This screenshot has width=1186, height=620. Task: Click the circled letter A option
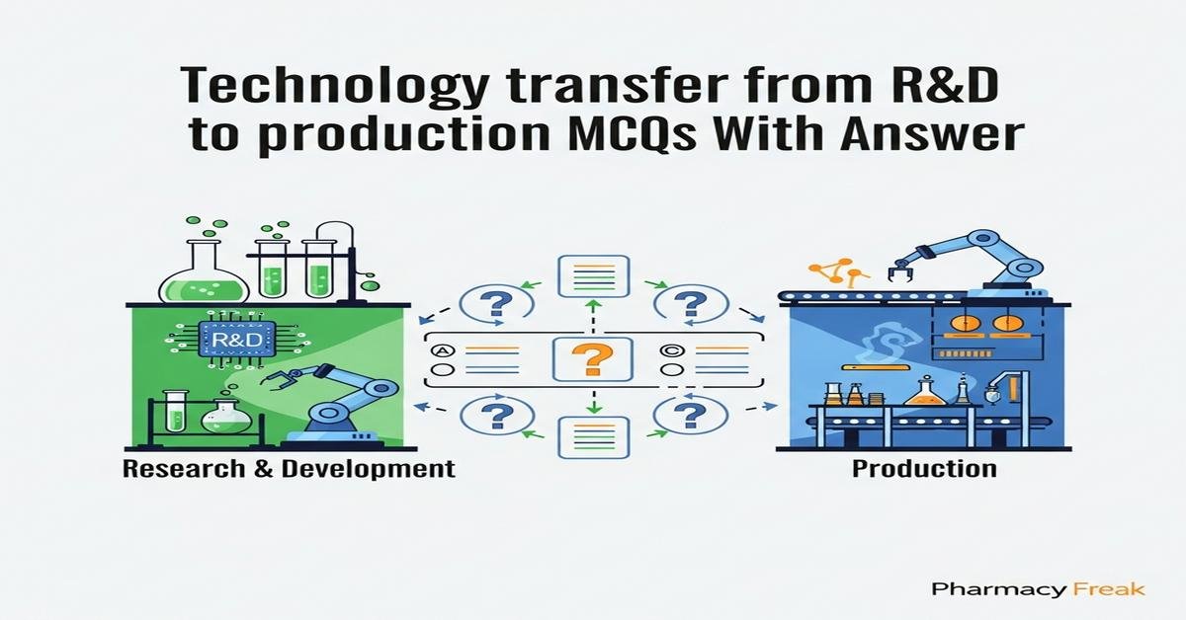[x=443, y=349]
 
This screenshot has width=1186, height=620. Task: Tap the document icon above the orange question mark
[x=593, y=276]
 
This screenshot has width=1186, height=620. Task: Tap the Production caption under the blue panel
[x=923, y=468]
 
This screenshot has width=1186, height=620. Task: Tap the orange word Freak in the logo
[x=1109, y=589]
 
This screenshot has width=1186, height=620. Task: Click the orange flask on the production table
[x=925, y=391]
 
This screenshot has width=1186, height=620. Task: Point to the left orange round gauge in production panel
[x=962, y=324]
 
